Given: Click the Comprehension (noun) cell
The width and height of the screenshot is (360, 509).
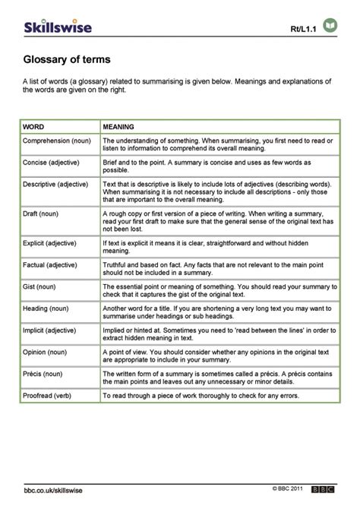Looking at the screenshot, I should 55,141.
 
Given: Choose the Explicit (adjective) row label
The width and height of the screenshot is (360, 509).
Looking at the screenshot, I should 51,242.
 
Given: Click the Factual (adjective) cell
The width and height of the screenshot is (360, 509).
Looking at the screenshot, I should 50,265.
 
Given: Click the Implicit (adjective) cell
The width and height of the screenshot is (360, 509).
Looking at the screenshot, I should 51,333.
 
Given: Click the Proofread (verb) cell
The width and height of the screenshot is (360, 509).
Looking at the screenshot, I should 48,397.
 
